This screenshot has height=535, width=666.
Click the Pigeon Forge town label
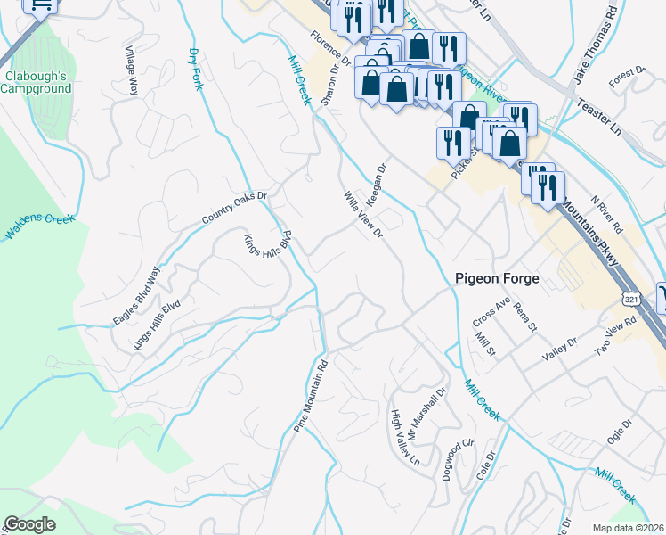click(497, 278)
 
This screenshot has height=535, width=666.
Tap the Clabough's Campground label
click(37, 83)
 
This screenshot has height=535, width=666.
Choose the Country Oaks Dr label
click(235, 206)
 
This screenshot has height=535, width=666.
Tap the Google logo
click(29, 524)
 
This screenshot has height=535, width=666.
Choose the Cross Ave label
click(490, 314)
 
